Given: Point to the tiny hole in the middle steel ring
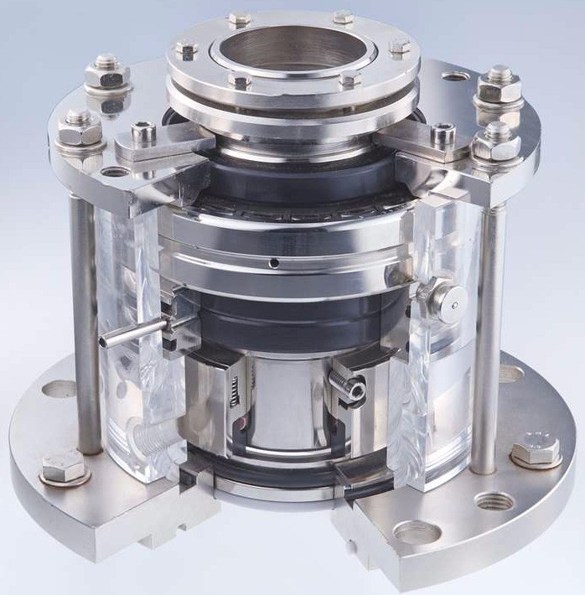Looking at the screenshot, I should [275, 264].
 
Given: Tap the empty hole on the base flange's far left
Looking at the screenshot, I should [58, 390].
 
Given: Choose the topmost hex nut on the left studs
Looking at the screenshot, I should [107, 71].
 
